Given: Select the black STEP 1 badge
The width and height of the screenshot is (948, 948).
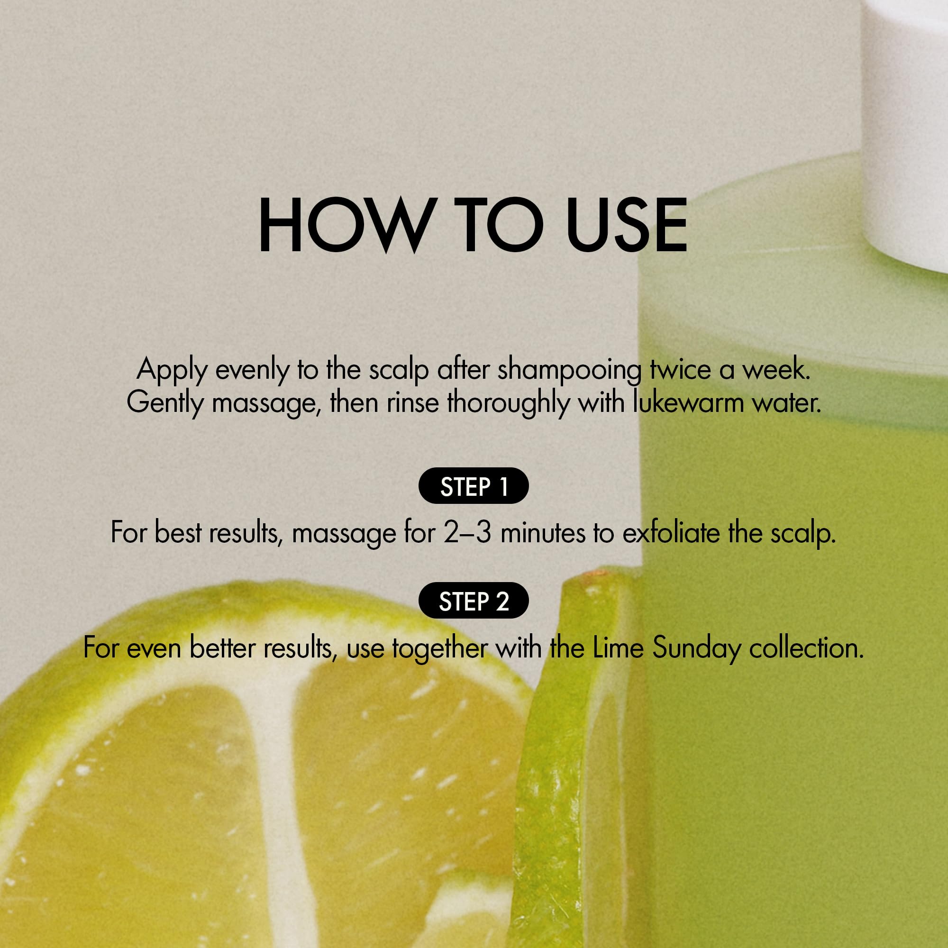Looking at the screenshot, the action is (474, 486).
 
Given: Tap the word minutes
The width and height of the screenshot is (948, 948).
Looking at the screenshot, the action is (543, 533).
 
